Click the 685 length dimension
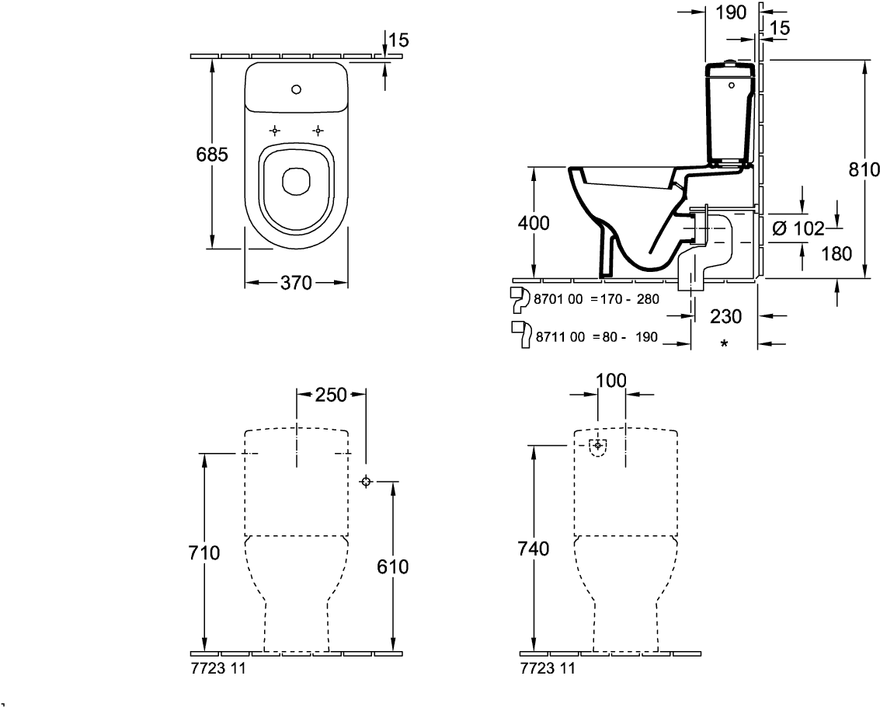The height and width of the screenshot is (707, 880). [212, 154]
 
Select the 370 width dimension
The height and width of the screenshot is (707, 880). [296, 283]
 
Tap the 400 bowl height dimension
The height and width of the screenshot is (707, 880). [534, 223]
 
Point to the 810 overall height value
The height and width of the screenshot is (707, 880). [863, 169]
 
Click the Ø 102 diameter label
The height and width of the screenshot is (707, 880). [798, 228]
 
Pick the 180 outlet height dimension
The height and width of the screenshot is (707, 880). [837, 254]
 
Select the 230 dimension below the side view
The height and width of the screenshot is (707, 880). [725, 317]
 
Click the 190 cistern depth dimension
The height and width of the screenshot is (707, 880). [732, 12]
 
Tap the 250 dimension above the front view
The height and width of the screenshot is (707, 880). [331, 395]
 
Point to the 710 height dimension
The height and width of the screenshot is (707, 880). [204, 553]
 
